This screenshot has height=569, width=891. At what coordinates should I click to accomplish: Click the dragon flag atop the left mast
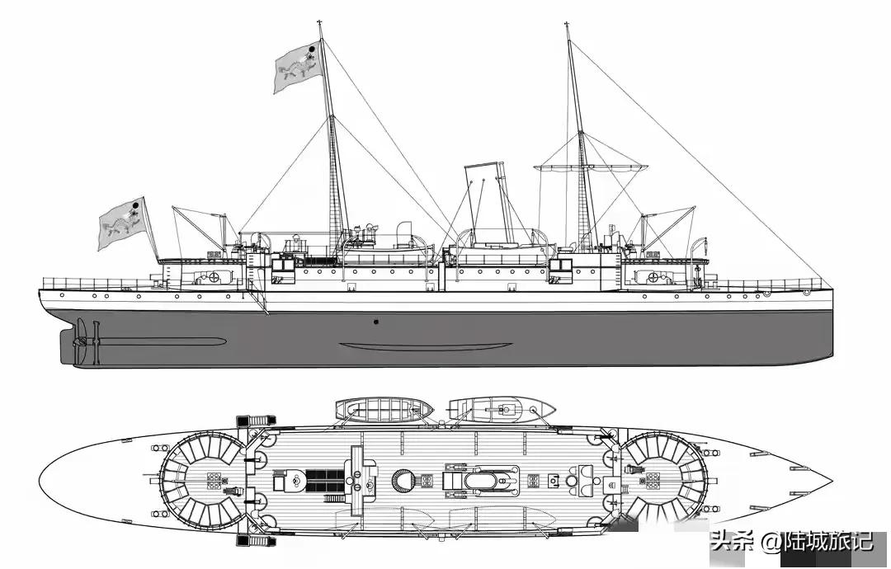click(298, 66)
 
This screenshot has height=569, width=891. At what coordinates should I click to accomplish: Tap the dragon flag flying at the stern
click(122, 222)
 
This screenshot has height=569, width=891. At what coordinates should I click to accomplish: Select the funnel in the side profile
click(486, 202)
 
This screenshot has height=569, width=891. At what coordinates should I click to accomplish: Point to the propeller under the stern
click(81, 341)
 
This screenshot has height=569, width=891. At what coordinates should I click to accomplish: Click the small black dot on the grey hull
click(375, 322)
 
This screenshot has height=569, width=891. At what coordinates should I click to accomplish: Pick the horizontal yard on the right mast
click(589, 167)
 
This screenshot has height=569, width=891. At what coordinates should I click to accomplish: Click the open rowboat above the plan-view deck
click(384, 408)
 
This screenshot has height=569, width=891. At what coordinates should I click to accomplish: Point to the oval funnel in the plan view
click(488, 480)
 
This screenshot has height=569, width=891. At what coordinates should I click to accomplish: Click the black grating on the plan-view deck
click(323, 477)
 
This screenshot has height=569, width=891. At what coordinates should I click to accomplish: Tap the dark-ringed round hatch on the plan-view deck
click(403, 479)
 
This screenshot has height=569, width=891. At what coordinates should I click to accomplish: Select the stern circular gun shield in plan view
click(202, 479)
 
